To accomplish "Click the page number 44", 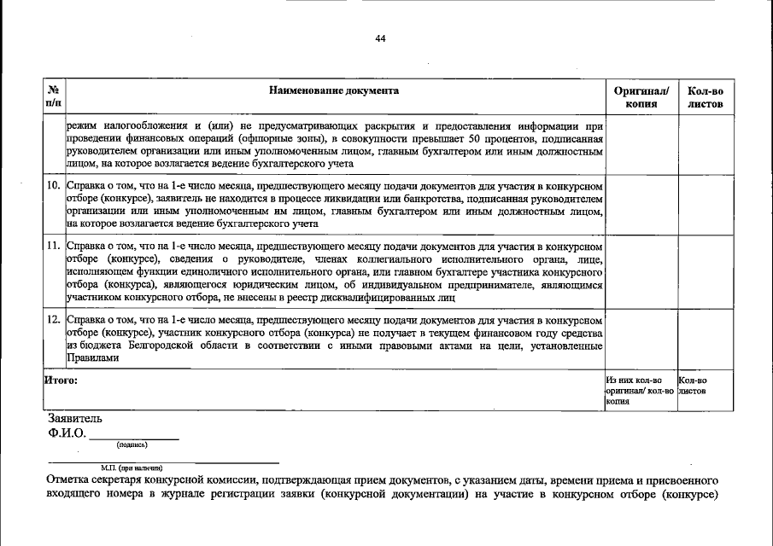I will [x=381, y=38].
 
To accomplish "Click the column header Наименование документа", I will [x=333, y=90].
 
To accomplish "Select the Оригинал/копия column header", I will [x=641, y=96].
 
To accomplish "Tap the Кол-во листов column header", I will [x=705, y=96].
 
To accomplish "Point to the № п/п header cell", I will [x=54, y=96].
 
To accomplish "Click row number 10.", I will [x=53, y=185].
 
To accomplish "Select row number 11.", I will [x=53, y=245].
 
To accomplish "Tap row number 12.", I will [x=53, y=318].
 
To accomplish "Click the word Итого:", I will [x=61, y=380].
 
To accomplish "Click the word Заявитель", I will [x=75, y=419].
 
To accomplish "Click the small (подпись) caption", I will [x=132, y=444].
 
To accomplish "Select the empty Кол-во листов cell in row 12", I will [x=705, y=339].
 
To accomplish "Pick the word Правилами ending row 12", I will [x=88, y=358].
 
